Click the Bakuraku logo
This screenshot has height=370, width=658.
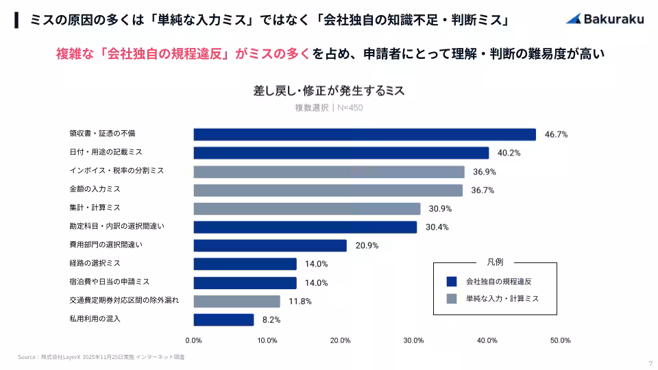605,19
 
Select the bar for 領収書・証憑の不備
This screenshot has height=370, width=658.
364,134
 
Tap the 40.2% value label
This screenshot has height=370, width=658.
509,153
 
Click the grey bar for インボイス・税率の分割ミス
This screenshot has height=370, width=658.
328,171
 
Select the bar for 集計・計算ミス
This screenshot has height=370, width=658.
306,208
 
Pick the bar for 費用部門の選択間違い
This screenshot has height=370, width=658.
270,245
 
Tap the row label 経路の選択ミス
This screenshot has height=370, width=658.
95,262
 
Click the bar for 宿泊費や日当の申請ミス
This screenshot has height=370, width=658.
245,282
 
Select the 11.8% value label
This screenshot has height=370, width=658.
300,301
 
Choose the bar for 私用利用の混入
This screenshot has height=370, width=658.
223,319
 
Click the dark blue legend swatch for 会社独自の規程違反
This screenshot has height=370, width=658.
451,281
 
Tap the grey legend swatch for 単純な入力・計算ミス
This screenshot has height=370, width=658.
451,299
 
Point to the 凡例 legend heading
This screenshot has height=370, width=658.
495,262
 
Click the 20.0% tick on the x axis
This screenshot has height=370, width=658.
340,341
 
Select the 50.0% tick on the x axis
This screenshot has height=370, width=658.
560,341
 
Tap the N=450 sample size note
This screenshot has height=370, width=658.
349,108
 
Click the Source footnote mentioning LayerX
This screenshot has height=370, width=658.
101,357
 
